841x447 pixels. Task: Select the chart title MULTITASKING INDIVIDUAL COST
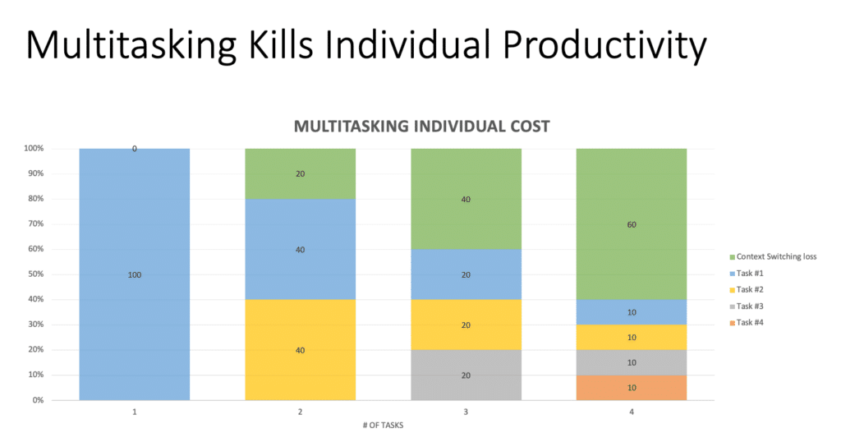tap(421, 127)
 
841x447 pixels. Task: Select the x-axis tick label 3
tap(466, 412)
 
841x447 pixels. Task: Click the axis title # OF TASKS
tap(383, 425)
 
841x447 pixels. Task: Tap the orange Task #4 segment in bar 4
tap(631, 388)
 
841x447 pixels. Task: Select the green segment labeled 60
tap(631, 223)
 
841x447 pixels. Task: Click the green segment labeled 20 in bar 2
tap(300, 173)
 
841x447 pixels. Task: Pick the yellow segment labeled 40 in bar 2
tap(300, 349)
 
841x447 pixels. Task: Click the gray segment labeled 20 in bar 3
tap(466, 375)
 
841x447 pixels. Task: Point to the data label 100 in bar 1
tap(135, 274)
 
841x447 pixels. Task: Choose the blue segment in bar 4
tap(631, 312)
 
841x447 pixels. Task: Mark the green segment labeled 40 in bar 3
tap(466, 199)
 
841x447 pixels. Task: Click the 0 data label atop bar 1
tap(135, 150)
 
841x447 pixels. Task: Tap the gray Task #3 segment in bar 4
tap(631, 362)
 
